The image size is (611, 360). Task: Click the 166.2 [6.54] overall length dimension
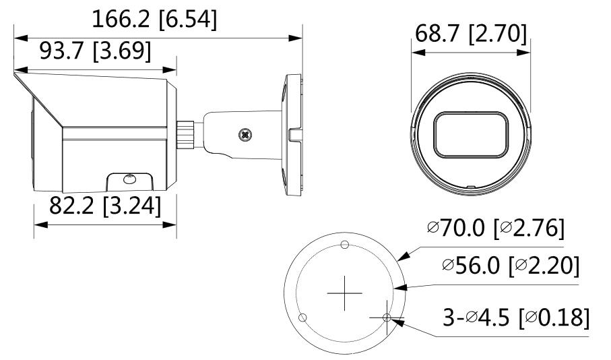click(x=154, y=19)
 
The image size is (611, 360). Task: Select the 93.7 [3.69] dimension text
click(x=95, y=51)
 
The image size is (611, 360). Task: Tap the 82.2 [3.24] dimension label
click(x=105, y=206)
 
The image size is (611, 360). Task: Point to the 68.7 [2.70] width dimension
click(x=471, y=34)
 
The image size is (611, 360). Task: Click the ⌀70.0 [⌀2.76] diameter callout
click(x=495, y=227)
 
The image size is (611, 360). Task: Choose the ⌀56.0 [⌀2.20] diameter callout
click(x=511, y=266)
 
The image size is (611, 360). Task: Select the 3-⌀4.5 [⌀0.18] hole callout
click(x=516, y=317)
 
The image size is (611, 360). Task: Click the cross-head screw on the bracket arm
click(x=245, y=135)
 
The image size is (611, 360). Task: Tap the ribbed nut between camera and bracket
click(x=185, y=135)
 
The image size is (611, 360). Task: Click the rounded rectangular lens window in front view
click(x=471, y=135)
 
